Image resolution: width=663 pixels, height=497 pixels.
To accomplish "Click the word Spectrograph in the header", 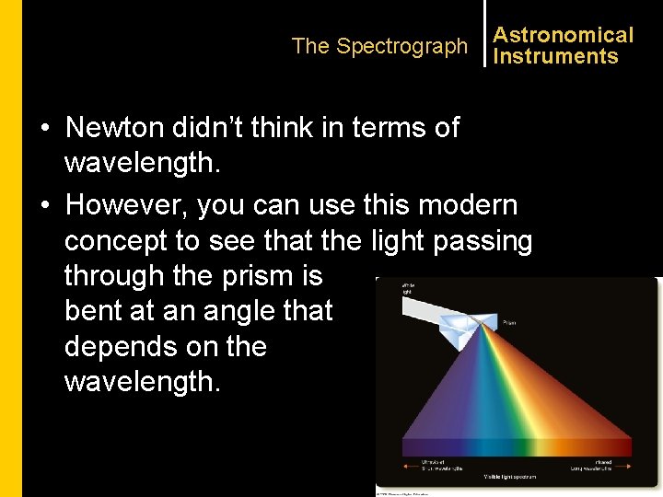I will (x=401, y=46).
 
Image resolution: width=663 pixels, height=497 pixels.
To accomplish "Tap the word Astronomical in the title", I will (x=563, y=35).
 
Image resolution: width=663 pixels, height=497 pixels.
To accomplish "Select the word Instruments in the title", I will (x=555, y=57).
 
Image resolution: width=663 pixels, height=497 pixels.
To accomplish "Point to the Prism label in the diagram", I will (x=509, y=323).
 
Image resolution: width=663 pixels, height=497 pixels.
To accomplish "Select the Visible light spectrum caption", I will (x=509, y=477).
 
